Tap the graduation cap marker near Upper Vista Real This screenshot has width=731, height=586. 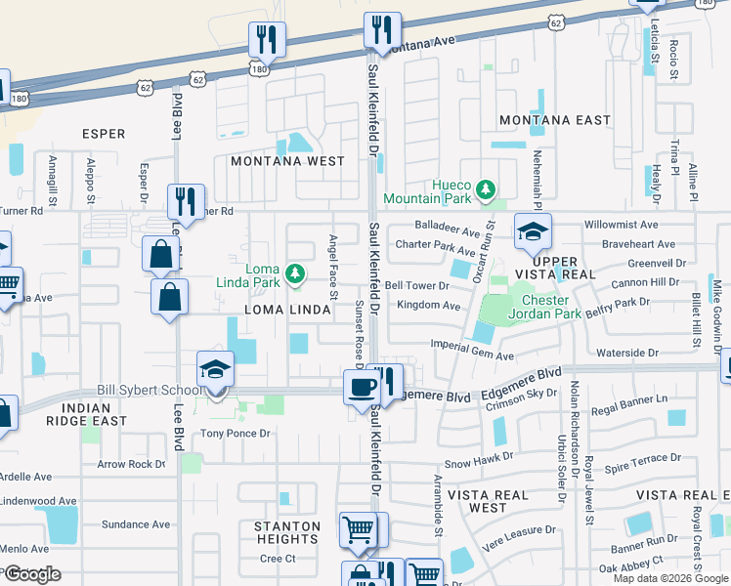533,231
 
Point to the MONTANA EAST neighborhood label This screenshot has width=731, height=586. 554,120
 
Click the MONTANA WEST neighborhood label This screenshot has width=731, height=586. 287,161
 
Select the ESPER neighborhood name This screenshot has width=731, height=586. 104,135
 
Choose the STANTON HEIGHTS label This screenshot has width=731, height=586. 287,533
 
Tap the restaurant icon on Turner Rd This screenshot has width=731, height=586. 186,202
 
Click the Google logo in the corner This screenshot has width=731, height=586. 32,574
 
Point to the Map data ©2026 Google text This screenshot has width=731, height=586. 669,578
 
